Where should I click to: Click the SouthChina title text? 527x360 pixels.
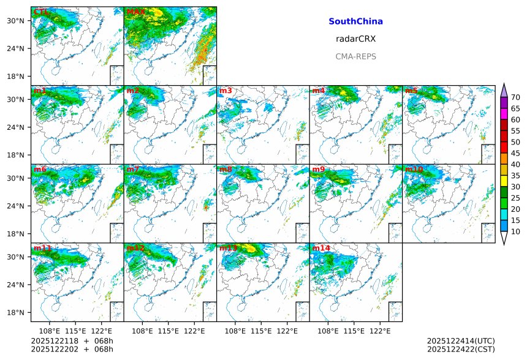355,21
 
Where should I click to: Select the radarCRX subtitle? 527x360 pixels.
355,39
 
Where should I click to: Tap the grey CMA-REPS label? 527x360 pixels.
355,56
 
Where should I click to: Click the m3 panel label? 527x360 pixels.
226,91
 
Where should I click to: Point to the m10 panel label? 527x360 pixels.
414,170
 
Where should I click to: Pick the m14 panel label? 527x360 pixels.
320,249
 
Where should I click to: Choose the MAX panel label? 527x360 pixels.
135,12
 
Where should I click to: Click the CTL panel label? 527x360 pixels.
42,12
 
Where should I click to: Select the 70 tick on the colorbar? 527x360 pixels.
515,97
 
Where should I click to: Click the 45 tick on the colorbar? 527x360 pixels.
515,153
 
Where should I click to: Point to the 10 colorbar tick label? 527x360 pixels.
515,231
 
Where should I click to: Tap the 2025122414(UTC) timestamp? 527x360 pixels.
460,340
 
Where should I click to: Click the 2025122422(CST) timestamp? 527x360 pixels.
460,349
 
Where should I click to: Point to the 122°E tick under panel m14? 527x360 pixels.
380,331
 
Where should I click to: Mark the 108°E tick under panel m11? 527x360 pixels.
50,331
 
